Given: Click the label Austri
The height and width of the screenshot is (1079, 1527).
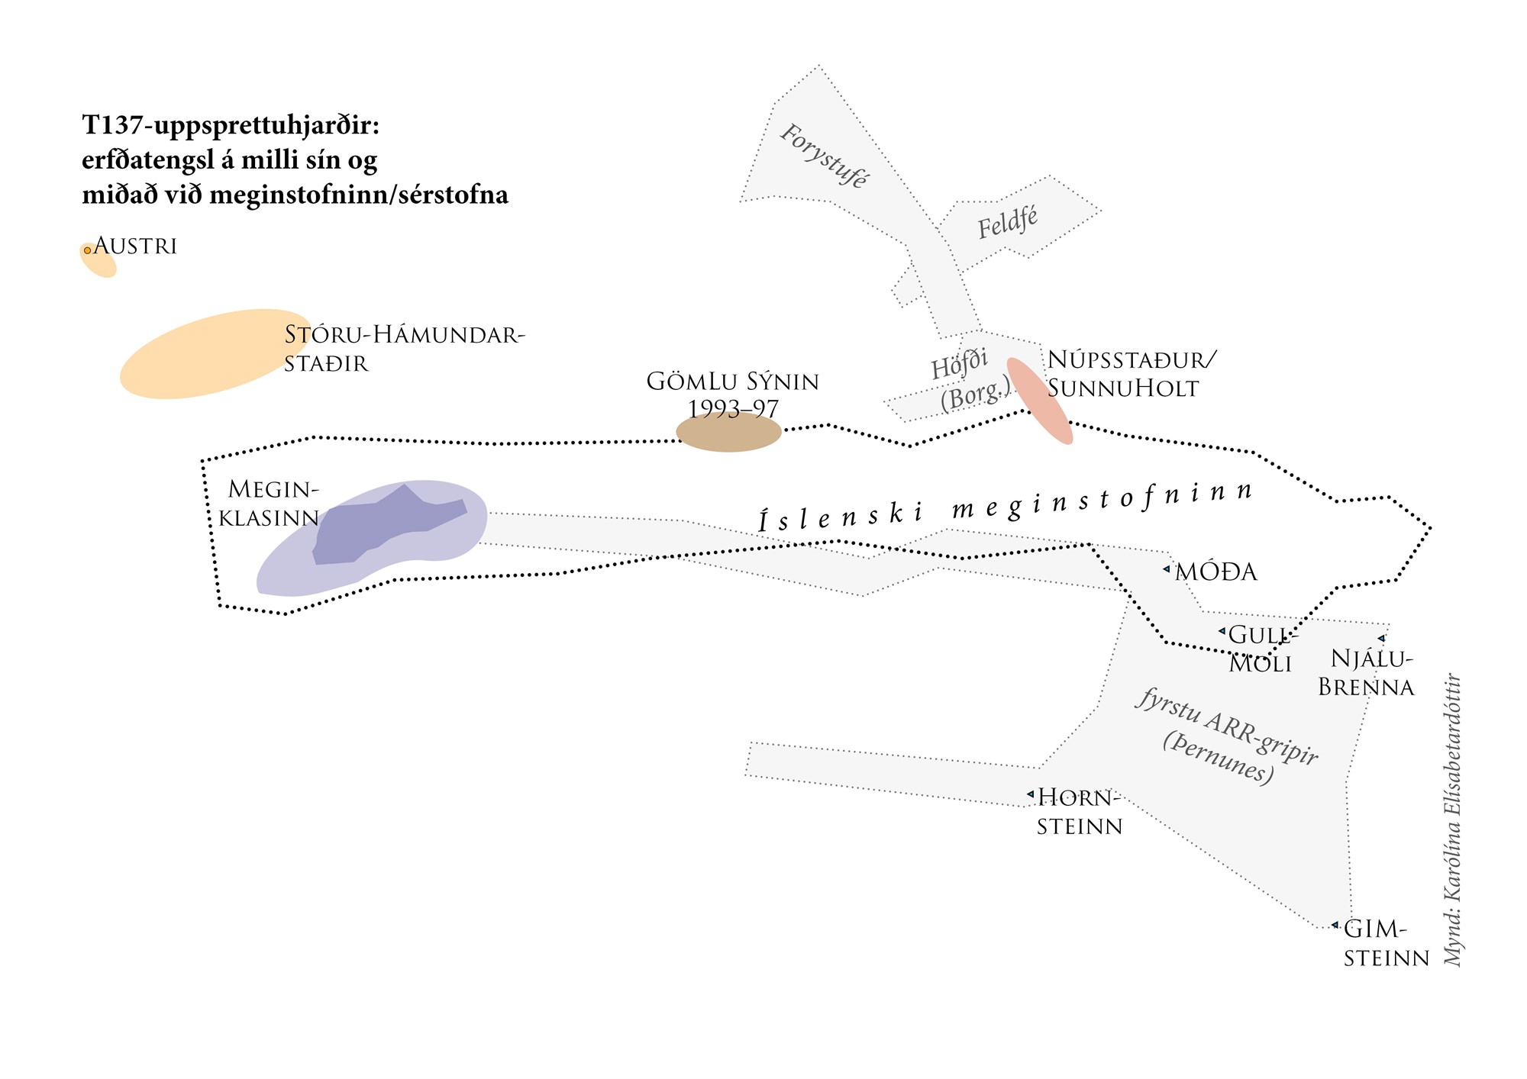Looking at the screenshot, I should [x=136, y=246].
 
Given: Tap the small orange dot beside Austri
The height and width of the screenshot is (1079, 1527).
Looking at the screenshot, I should [x=88, y=250].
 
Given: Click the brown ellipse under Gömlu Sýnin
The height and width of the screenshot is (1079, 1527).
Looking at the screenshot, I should [x=729, y=432].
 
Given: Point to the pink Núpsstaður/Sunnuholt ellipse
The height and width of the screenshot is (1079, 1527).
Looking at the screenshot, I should [x=1039, y=400].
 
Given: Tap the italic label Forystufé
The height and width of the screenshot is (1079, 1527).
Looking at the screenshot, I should [x=823, y=156].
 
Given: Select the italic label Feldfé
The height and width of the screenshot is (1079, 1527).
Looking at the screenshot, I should [x=1008, y=222].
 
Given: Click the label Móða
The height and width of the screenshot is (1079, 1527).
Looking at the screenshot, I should [x=1216, y=572].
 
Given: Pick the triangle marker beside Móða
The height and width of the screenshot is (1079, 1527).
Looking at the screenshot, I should [x=1167, y=569].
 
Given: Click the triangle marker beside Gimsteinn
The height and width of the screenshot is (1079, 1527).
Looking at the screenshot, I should [x=1335, y=925].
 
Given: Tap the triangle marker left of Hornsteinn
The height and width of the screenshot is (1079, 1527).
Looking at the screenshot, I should [x=1030, y=794].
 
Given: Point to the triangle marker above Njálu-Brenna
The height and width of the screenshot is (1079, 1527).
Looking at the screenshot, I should [x=1381, y=639].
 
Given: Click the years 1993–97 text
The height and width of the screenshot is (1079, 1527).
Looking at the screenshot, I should [x=733, y=409].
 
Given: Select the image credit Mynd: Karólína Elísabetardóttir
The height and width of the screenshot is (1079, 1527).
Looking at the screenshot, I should [x=1453, y=820].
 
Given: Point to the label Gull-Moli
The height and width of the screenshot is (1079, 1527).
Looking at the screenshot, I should [x=1260, y=649].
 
